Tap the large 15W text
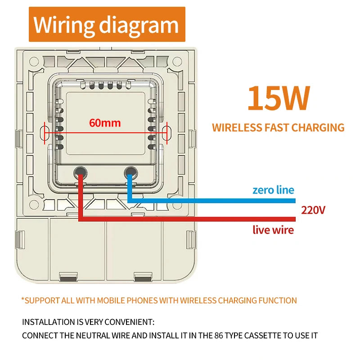[279, 98]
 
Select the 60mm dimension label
[105, 122]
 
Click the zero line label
[273, 190]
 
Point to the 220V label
[313, 210]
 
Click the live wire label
[273, 230]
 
